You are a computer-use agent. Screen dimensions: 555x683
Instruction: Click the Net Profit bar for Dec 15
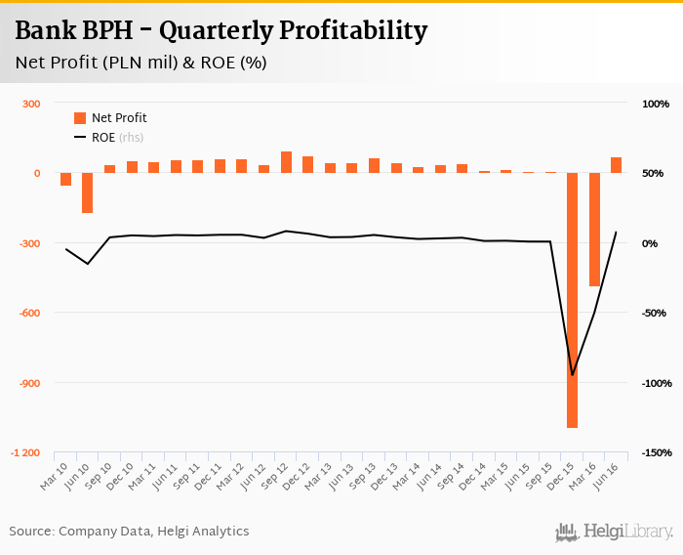click(572, 300)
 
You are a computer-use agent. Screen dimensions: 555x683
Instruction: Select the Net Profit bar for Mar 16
click(594, 230)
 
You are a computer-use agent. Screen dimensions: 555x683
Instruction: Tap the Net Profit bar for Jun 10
click(88, 192)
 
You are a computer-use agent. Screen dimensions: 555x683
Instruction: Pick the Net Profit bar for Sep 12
click(286, 162)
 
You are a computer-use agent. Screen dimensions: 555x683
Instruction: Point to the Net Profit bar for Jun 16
click(616, 165)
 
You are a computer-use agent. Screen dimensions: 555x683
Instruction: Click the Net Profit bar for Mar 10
click(65, 179)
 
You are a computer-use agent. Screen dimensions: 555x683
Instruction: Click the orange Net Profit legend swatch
click(80, 118)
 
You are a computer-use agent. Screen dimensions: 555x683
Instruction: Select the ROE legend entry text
click(103, 138)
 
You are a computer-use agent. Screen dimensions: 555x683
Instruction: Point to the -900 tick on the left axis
click(27, 383)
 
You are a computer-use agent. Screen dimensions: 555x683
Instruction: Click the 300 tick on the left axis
click(30, 104)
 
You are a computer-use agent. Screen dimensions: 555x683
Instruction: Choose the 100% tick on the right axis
click(656, 104)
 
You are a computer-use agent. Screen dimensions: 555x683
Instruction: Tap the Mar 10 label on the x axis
click(55, 476)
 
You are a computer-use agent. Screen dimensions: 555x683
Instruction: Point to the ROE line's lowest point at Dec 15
click(572, 374)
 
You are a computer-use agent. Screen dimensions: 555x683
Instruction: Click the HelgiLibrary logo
click(615, 532)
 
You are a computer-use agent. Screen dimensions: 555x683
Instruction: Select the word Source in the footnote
click(30, 532)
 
